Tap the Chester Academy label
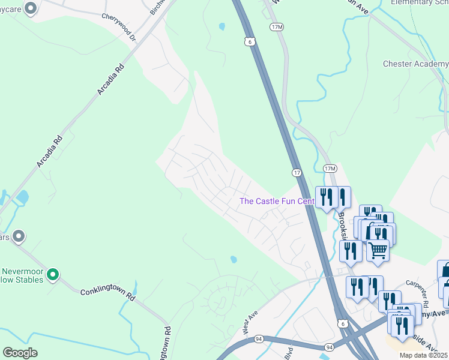415,64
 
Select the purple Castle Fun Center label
277,201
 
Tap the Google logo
20,353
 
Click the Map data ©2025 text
423,355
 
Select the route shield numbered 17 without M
297,173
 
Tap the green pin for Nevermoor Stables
53,275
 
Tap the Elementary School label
419,2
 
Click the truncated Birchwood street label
157,7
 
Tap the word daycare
11,8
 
